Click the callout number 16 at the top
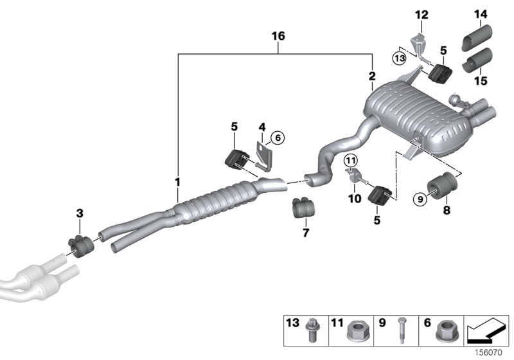278,37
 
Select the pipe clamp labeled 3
80,245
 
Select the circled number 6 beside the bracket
277,136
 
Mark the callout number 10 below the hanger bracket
355,199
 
